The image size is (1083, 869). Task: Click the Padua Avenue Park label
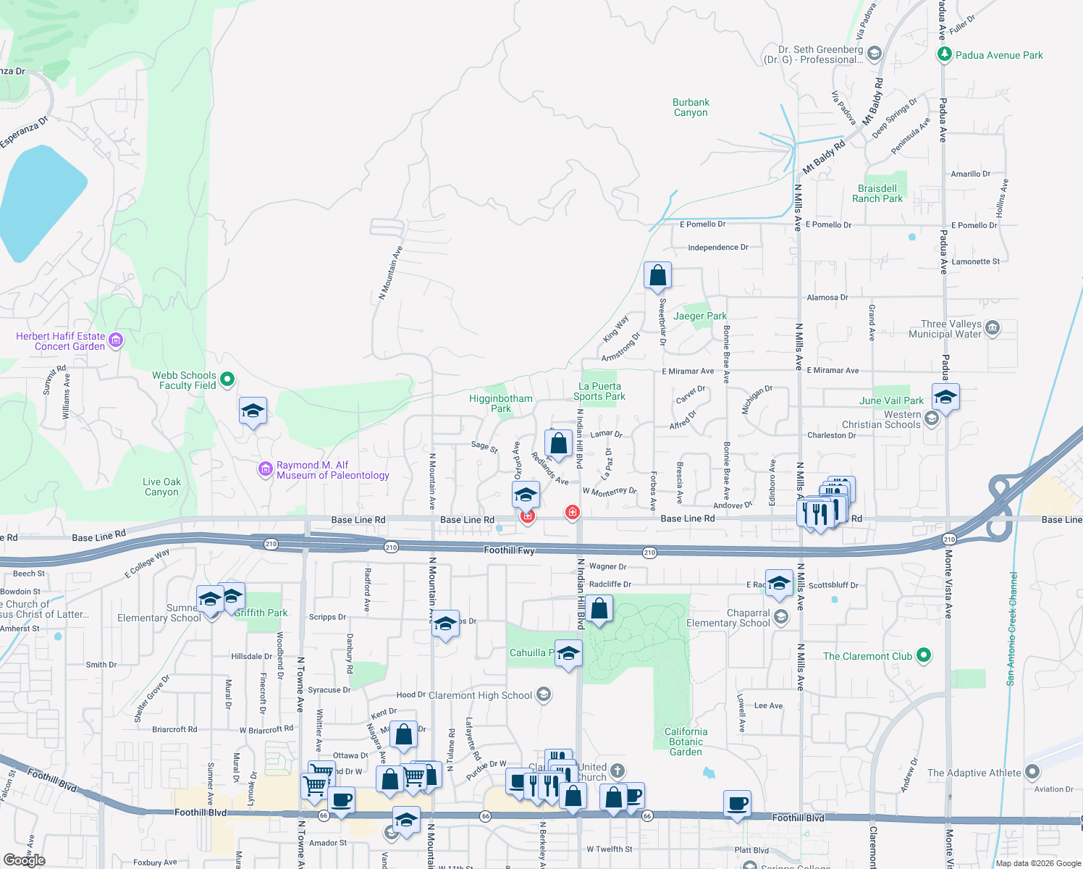tap(999, 55)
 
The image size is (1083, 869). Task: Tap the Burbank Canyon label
tap(691, 107)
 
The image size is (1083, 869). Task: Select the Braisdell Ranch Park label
tap(877, 193)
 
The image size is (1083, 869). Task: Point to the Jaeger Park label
tap(700, 316)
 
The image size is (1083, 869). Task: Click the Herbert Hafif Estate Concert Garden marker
tap(116, 340)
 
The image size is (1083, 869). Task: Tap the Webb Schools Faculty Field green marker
tap(227, 378)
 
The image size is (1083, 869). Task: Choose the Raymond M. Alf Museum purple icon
tap(265, 469)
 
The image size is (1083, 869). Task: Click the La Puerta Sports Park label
tap(599, 391)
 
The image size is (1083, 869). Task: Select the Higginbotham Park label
tap(501, 403)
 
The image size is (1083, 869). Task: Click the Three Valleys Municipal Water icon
tap(993, 328)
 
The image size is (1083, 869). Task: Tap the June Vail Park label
tap(891, 400)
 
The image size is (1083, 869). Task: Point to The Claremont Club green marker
tap(923, 655)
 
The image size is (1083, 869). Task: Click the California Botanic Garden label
tap(686, 742)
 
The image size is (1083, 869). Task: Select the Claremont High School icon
tap(544, 694)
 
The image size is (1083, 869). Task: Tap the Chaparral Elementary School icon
tap(780, 616)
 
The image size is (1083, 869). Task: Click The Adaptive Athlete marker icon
tap(1032, 772)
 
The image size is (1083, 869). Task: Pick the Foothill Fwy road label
tap(510, 550)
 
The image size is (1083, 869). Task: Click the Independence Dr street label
tap(718, 248)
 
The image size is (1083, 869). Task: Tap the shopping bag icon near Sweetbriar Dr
tap(657, 276)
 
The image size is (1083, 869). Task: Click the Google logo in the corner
tap(25, 860)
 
